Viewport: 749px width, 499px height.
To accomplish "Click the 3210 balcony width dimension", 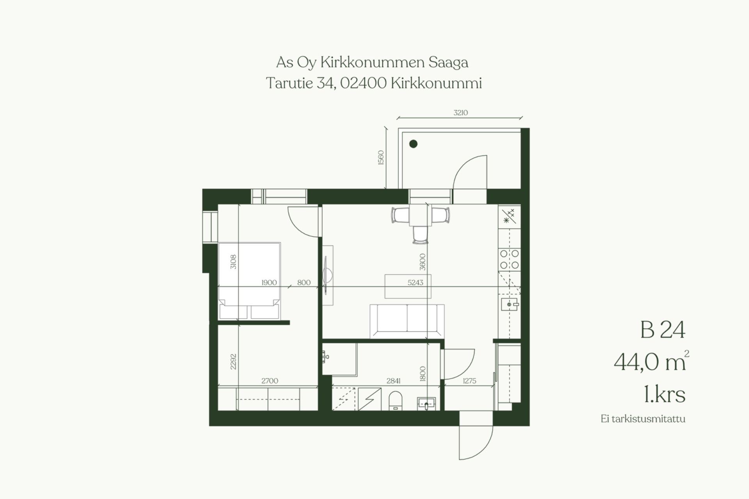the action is (460, 113).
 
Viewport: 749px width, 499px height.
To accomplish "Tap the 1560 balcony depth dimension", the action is (381, 157).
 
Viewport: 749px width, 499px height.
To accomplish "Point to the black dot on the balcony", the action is (414, 144).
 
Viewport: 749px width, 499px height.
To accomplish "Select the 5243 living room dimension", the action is (415, 283).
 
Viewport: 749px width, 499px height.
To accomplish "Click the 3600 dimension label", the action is (422, 262).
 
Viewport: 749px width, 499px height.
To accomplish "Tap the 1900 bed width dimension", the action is (269, 283).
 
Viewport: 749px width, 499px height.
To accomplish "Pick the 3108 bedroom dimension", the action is (233, 262).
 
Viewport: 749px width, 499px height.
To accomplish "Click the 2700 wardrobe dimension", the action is (270, 381).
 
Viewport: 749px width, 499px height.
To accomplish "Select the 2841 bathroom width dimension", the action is (393, 381).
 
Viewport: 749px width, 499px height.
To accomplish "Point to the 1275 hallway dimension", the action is (469, 381).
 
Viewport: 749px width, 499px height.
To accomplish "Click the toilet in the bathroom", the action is (396, 401).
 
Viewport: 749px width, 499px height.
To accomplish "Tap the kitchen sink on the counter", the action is (509, 304).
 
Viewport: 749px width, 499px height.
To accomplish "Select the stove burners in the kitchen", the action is (509, 259).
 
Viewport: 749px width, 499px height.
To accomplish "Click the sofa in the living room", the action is (407, 321).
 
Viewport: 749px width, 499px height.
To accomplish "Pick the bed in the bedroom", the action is (249, 281).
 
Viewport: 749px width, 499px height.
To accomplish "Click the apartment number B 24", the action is (662, 330).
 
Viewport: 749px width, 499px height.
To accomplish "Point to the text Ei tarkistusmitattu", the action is (643, 419).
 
